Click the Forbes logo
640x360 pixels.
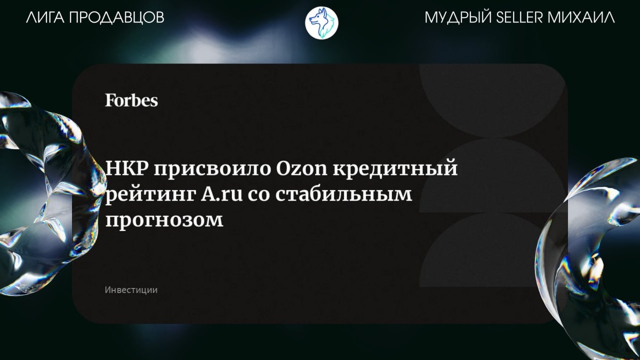(x=131, y=100)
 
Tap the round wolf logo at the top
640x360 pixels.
(x=322, y=22)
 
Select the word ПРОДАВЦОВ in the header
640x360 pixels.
(x=117, y=18)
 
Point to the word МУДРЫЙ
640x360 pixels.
(x=458, y=17)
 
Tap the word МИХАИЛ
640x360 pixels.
(x=581, y=18)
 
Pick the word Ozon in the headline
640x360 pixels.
(x=302, y=169)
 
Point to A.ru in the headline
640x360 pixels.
(x=222, y=194)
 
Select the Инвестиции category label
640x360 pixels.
(x=131, y=290)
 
